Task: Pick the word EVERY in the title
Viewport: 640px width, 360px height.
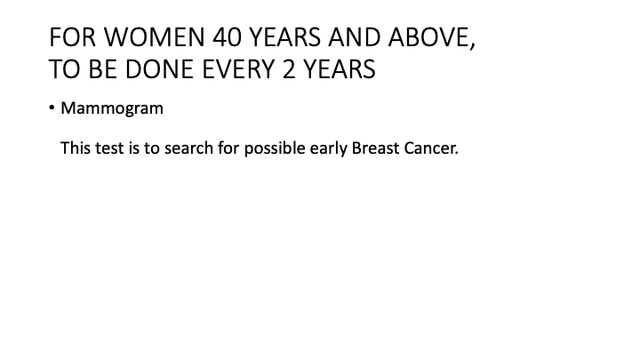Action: [x=236, y=69]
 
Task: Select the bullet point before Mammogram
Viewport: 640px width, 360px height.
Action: [x=52, y=108]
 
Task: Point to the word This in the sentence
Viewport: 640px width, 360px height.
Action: [x=75, y=148]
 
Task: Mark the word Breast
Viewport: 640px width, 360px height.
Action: [x=378, y=148]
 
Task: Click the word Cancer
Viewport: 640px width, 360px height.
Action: [x=432, y=148]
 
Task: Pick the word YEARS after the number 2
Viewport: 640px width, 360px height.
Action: [x=339, y=69]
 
